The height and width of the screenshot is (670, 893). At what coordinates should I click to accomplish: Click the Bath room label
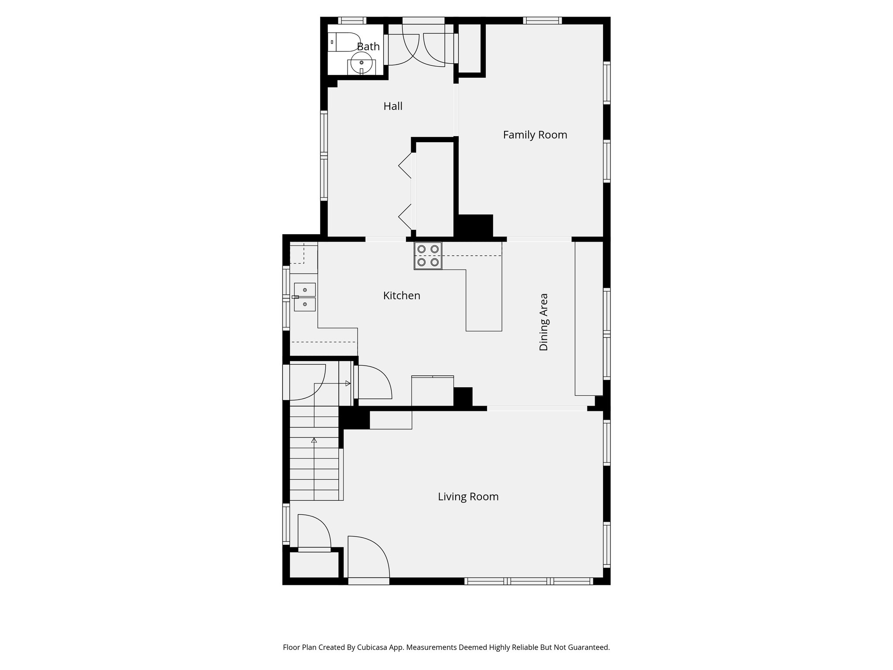tap(368, 47)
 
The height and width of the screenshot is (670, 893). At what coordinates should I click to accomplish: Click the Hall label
tap(393, 106)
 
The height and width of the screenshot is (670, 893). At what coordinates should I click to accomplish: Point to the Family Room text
tap(535, 135)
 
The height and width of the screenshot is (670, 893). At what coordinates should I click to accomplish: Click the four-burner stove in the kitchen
tap(428, 256)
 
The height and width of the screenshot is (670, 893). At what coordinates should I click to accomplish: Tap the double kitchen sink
tap(304, 297)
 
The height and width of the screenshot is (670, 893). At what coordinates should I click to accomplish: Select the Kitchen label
tap(402, 296)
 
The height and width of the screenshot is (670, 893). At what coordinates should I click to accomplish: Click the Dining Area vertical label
tap(544, 322)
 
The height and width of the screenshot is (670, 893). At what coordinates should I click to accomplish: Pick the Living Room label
tap(468, 497)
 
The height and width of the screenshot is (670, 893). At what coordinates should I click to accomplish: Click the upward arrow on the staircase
tap(314, 441)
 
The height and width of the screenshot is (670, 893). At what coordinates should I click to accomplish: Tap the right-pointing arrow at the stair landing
tap(348, 383)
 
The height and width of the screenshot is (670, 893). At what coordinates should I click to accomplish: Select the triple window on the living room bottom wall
tap(528, 581)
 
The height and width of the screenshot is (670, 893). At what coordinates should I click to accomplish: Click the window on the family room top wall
tap(542, 20)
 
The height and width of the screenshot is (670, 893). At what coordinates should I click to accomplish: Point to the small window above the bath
tap(352, 20)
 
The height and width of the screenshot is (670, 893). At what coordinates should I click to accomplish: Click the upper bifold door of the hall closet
tap(405, 165)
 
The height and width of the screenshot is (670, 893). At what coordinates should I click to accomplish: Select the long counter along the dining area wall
tap(588, 318)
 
